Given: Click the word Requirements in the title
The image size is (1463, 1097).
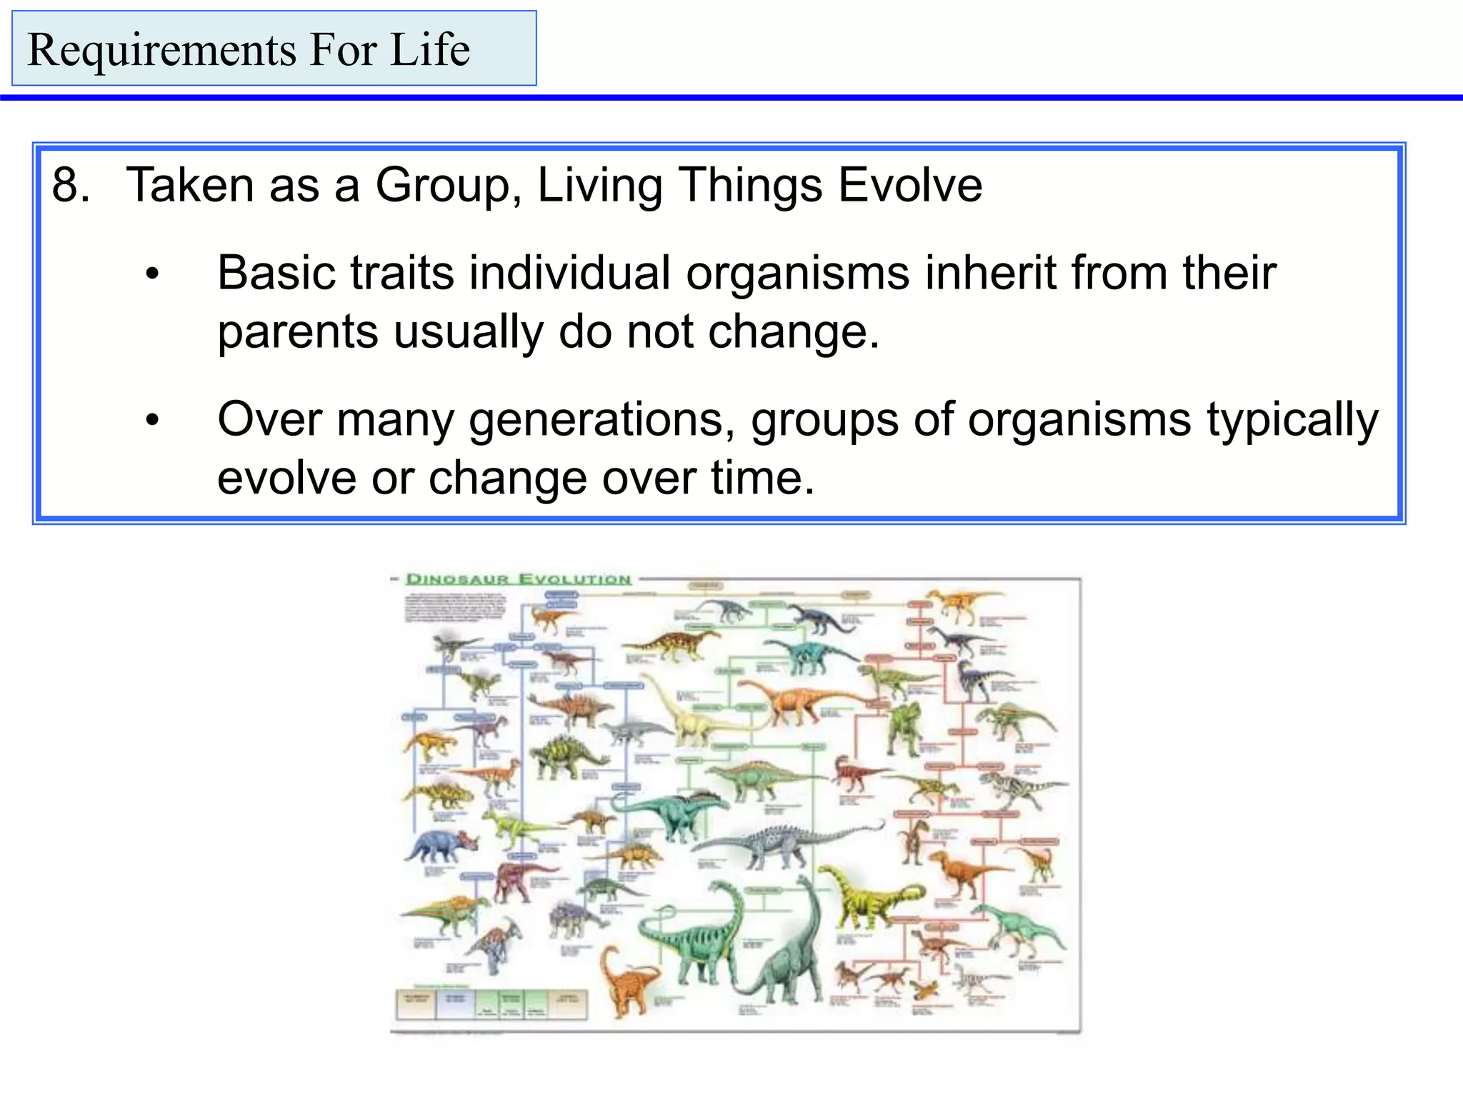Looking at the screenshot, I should (x=161, y=50).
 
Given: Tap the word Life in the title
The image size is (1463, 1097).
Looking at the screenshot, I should (x=429, y=50).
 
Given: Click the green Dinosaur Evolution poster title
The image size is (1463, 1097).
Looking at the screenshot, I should (x=519, y=578).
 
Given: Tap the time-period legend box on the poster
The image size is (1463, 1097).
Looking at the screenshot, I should (x=491, y=1003).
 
